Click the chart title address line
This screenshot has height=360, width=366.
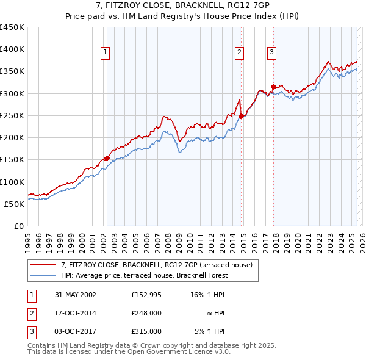point(183,6)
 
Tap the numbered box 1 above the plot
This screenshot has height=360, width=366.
point(106,53)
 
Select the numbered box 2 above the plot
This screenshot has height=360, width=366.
point(240,53)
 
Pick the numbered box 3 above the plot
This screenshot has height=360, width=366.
point(271,53)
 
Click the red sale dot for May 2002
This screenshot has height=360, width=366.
point(107,158)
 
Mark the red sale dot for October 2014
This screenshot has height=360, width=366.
point(241,116)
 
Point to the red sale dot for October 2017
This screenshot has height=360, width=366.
point(273,87)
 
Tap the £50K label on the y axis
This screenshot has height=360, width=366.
point(15,204)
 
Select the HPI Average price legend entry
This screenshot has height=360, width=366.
point(144,275)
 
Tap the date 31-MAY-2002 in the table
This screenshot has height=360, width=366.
point(75,295)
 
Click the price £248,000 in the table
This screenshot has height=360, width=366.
point(146,313)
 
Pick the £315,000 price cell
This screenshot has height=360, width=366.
point(146,331)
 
